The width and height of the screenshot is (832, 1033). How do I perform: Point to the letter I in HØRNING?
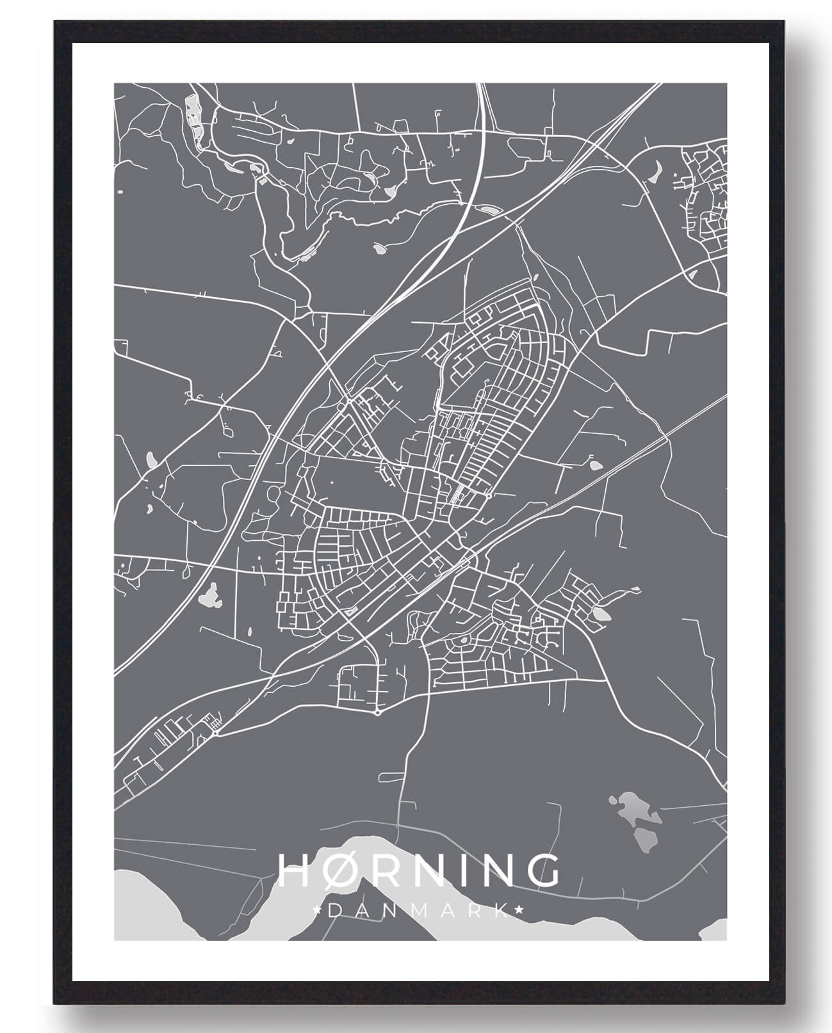[x=457, y=869]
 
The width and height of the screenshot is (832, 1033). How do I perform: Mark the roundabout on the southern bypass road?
[x=379, y=712]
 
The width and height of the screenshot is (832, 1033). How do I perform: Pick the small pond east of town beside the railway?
[x=595, y=465]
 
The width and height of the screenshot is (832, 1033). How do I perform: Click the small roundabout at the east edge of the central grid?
[x=489, y=495]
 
